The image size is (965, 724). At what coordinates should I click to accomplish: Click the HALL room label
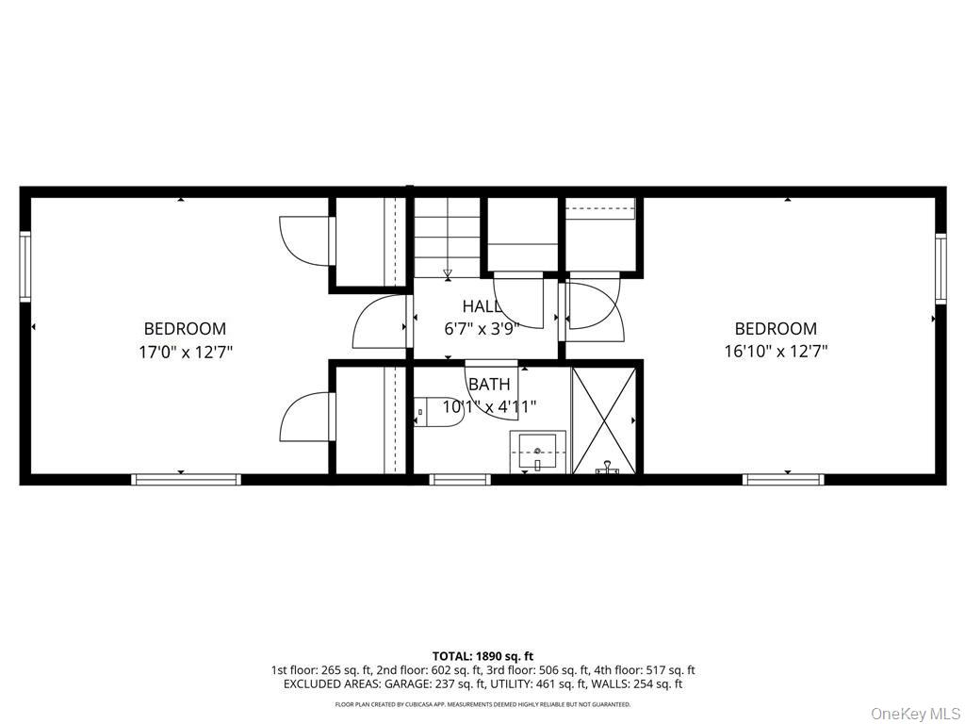pos(482,306)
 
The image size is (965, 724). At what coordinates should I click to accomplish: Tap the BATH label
pos(489,385)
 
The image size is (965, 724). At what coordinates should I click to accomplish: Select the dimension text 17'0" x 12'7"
pos(186,353)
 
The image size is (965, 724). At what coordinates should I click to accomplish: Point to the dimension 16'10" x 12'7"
pos(776,352)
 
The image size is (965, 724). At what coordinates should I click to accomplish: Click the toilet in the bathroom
pos(438,412)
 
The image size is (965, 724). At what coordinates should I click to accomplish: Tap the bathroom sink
pos(538,452)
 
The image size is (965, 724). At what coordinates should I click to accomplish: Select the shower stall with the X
pos(604,420)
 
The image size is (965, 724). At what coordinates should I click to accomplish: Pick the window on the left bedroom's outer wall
pos(25,266)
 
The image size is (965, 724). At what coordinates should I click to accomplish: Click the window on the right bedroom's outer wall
pos(940,269)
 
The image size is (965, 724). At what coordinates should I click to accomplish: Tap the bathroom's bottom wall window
pos(460,480)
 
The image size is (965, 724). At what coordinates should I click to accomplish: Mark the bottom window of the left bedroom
pos(186,480)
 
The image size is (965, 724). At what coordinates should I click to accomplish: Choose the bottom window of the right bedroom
pos(783,480)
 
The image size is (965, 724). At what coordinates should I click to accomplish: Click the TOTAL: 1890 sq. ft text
pos(478,656)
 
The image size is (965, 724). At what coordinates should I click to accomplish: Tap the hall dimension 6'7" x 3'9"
pos(482,328)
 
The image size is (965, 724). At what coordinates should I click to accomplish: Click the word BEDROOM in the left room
pos(186,329)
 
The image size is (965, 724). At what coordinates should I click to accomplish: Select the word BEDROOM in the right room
pos(776,328)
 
